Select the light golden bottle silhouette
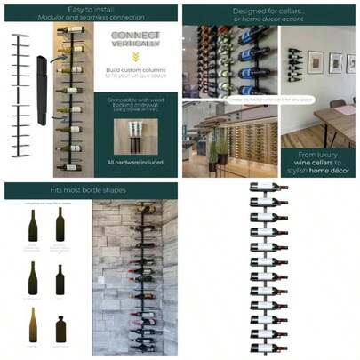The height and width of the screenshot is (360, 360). pyautogui.click(x=34, y=325)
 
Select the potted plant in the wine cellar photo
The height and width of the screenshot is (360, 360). pyautogui.click(x=213, y=151)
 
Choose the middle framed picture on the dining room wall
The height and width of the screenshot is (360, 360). pyautogui.click(x=335, y=62)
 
